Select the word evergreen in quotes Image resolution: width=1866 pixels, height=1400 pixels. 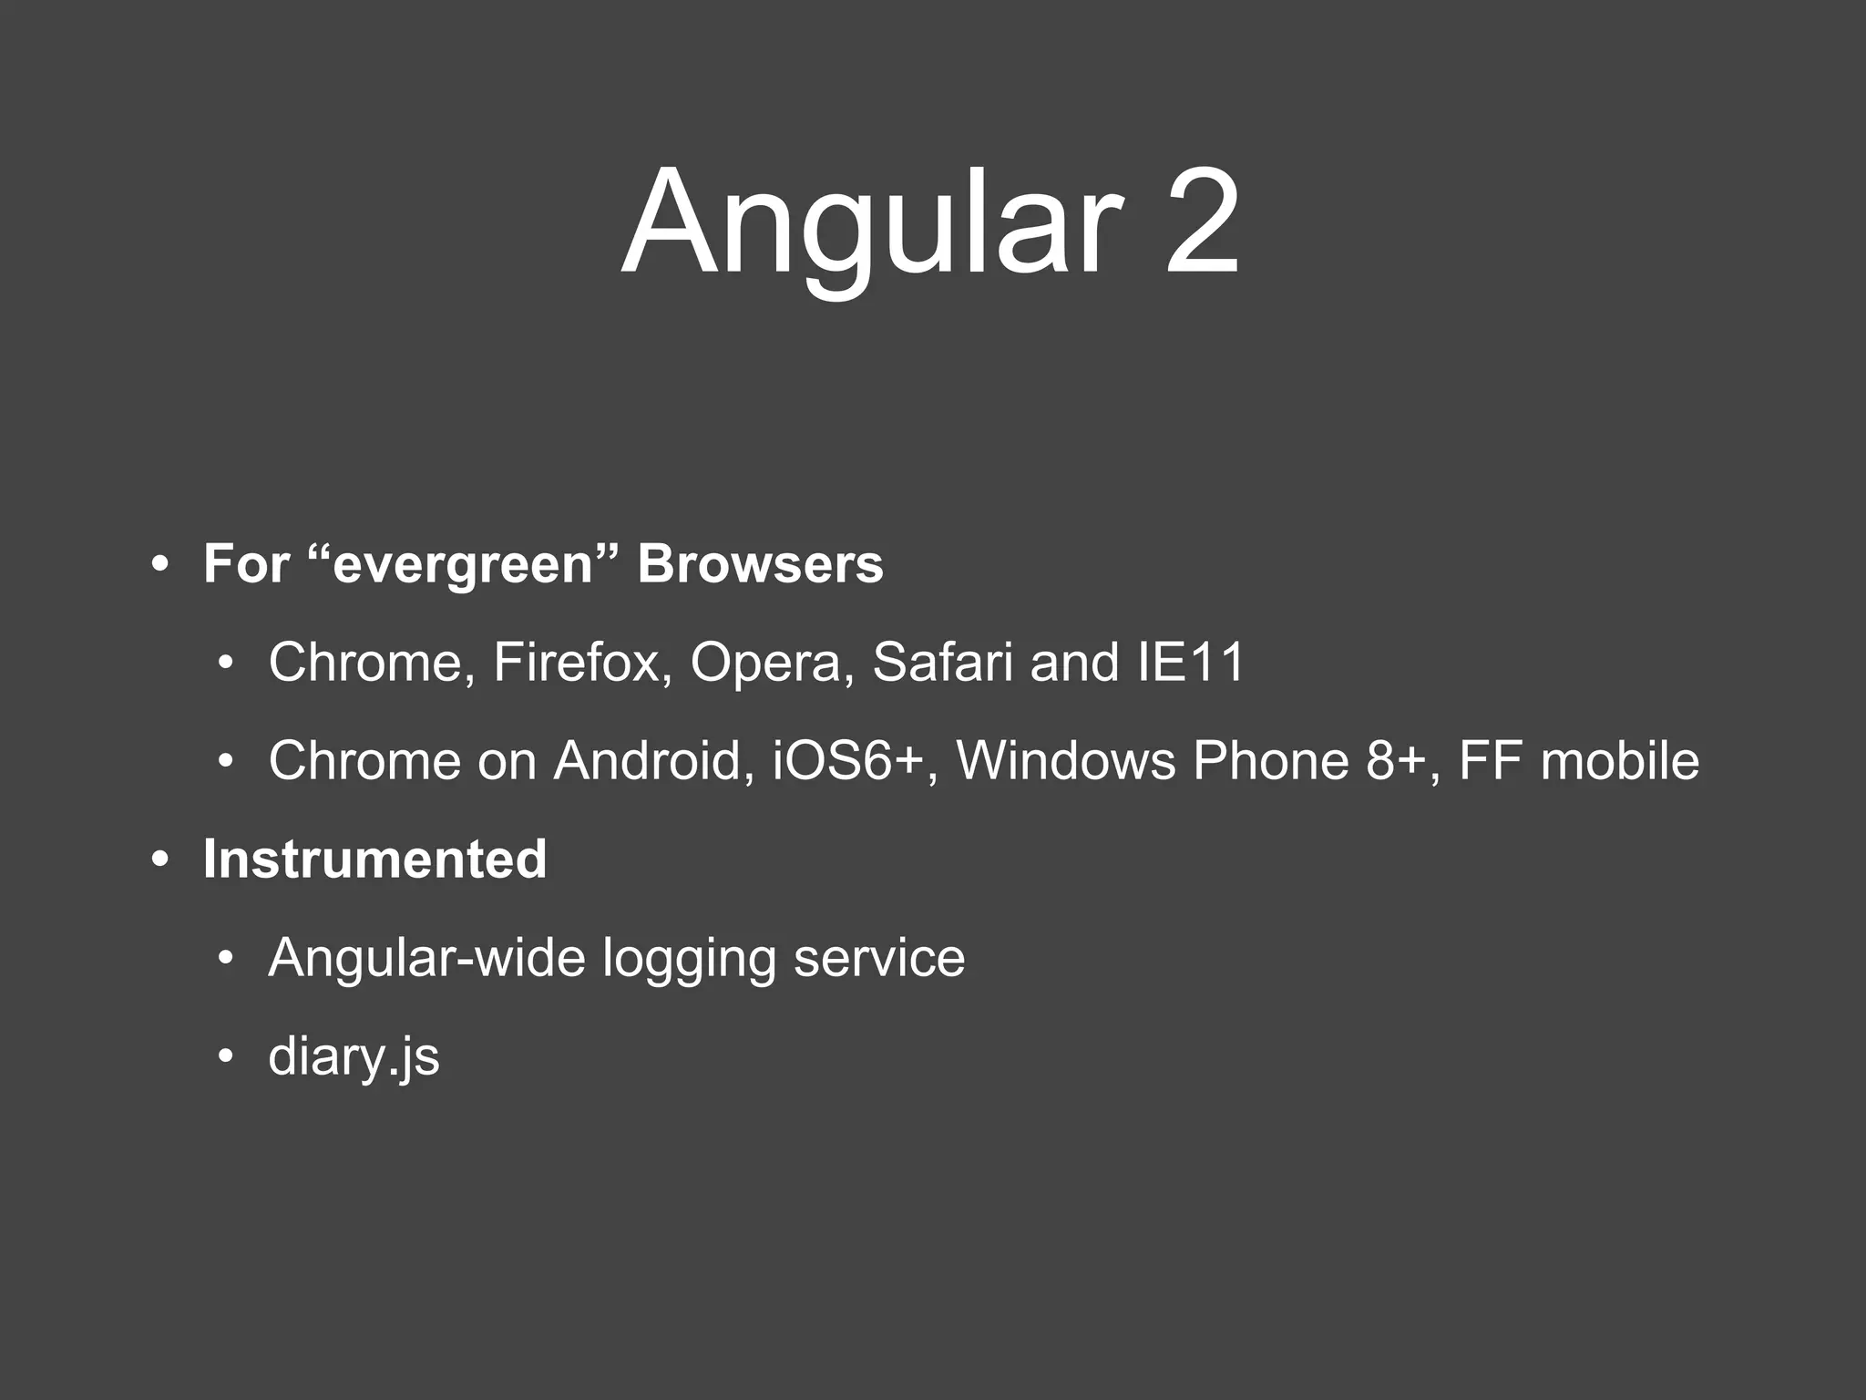[465, 563]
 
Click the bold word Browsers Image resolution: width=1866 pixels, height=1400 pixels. [760, 563]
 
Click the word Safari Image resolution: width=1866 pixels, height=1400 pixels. [942, 662]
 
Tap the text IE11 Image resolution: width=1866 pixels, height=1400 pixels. [1191, 662]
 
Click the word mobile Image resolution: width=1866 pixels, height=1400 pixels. [1619, 760]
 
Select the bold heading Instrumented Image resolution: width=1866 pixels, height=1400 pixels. [374, 859]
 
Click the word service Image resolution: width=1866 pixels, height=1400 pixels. [878, 957]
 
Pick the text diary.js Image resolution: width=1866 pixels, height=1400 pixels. [354, 1057]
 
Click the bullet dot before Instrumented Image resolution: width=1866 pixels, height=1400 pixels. [161, 860]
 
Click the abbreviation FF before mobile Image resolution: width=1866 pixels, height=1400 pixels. [1491, 760]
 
